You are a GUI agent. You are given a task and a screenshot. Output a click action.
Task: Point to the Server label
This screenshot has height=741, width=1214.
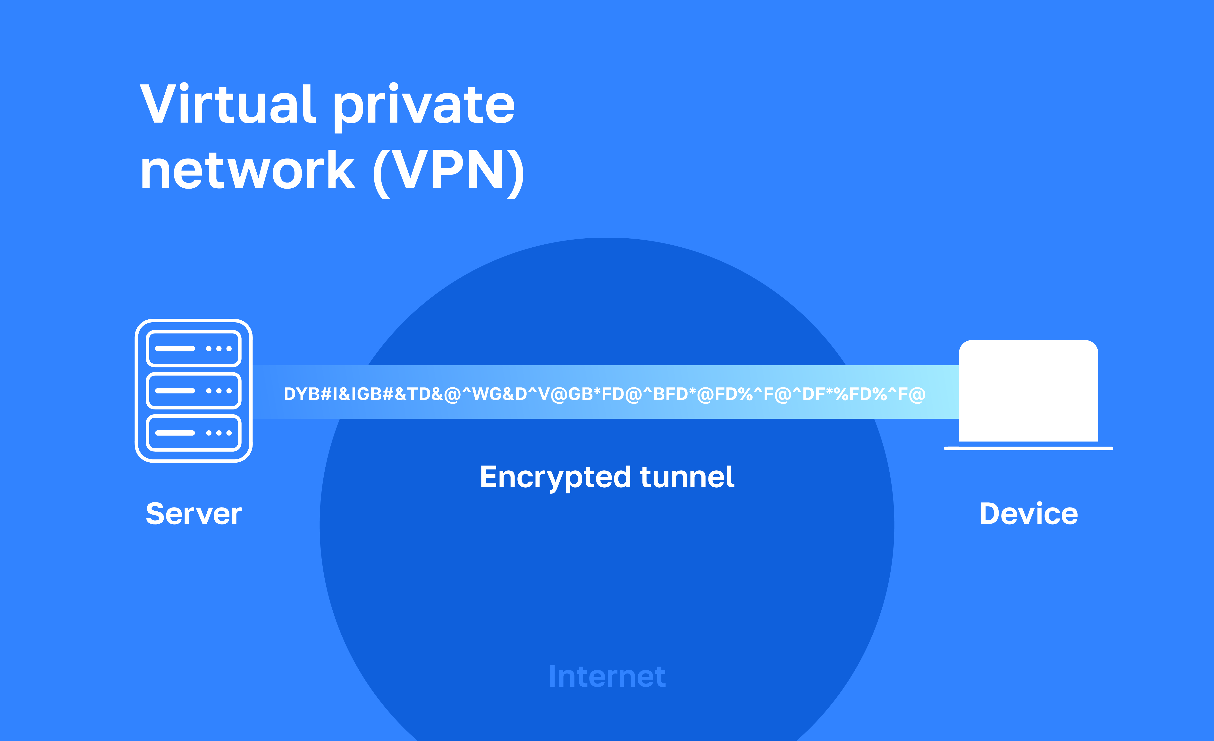pyautogui.click(x=194, y=514)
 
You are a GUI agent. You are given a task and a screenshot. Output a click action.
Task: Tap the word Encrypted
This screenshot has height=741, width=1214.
pyautogui.click(x=555, y=478)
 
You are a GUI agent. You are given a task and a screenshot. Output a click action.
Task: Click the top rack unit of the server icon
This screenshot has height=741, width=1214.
pyautogui.click(x=194, y=349)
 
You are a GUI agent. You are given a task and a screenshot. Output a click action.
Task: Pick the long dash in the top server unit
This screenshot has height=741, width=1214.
pyautogui.click(x=175, y=349)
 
